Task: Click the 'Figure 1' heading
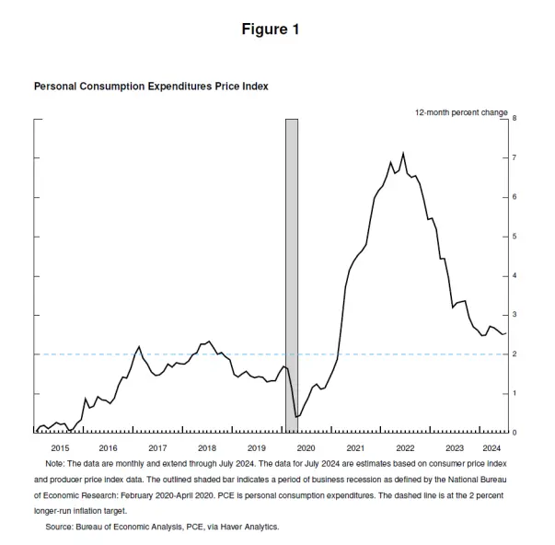click(x=270, y=29)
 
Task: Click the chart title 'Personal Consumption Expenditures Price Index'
click(x=151, y=86)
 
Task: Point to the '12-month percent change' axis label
click(x=461, y=111)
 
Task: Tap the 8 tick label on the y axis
click(x=515, y=119)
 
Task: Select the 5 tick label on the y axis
click(x=515, y=237)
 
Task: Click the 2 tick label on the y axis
click(x=515, y=354)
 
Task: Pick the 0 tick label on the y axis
click(x=515, y=433)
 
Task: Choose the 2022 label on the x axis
click(x=405, y=446)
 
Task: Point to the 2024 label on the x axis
click(x=491, y=446)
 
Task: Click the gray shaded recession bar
click(x=291, y=276)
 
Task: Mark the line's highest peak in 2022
click(x=403, y=153)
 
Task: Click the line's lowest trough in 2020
click(x=295, y=417)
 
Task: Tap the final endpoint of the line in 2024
click(x=505, y=333)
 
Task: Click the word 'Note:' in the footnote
click(x=55, y=463)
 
